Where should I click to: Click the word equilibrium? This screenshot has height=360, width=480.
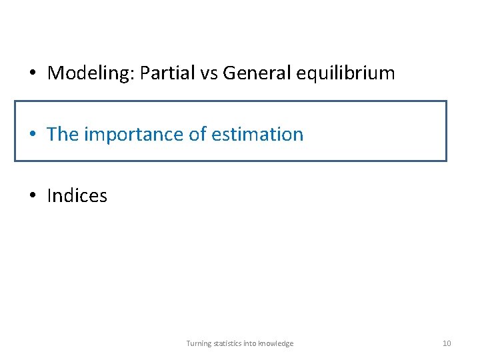(x=347, y=73)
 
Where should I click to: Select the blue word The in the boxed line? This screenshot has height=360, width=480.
(x=63, y=134)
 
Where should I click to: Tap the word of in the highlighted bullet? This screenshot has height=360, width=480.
(x=198, y=134)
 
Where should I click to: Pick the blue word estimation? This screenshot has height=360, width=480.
(x=257, y=134)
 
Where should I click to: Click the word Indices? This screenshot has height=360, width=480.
(x=77, y=195)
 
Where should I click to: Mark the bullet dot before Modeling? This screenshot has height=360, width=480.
(x=32, y=73)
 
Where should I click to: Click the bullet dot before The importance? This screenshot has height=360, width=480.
(x=32, y=135)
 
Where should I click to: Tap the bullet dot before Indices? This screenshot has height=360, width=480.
(x=32, y=196)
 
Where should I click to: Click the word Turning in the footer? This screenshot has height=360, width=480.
(x=199, y=343)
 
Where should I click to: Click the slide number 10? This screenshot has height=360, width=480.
(x=447, y=343)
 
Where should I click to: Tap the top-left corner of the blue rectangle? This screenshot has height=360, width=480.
(x=15, y=101)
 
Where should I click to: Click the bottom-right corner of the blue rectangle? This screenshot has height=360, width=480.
(x=446, y=161)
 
